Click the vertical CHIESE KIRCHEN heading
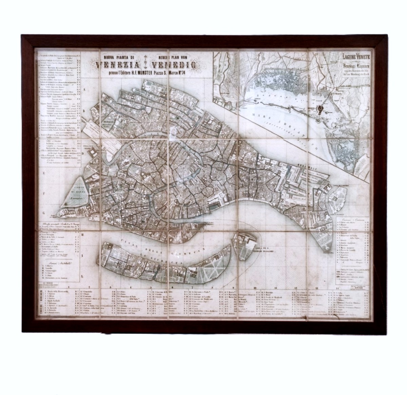tap(41, 304)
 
